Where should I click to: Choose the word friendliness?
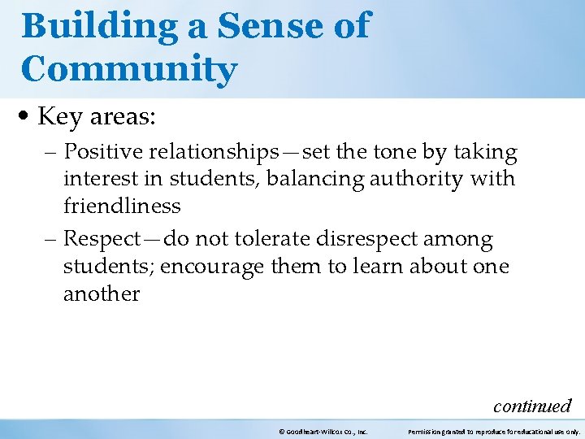[122, 206]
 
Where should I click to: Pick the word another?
[102, 293]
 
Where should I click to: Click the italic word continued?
[532, 405]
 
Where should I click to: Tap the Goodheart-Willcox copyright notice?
[323, 432]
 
